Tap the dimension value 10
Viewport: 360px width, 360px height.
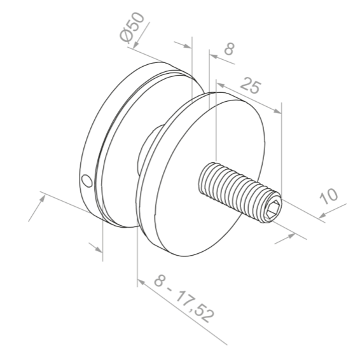(329, 195)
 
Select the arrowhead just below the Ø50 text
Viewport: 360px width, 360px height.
(186, 45)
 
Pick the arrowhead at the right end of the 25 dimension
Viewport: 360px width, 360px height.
(277, 111)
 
